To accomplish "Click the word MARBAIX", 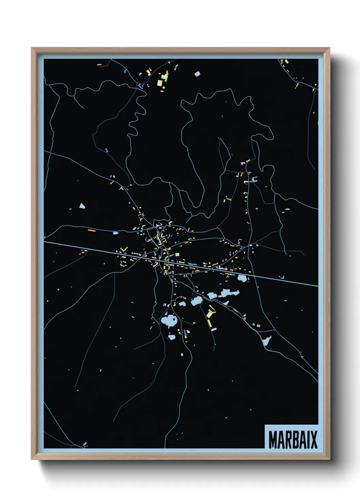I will [x=293, y=440].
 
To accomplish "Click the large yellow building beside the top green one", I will [x=160, y=83].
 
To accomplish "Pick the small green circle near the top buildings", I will [x=164, y=88].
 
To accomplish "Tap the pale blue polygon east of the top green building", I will [x=197, y=74].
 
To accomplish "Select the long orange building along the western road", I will [x=92, y=231].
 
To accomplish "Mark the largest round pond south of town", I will [x=169, y=321].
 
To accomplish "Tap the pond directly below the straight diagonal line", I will [x=242, y=279].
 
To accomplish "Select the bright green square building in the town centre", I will [x=177, y=254].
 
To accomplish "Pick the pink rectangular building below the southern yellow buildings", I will [x=213, y=329].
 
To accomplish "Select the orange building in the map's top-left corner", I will [x=99, y=64].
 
